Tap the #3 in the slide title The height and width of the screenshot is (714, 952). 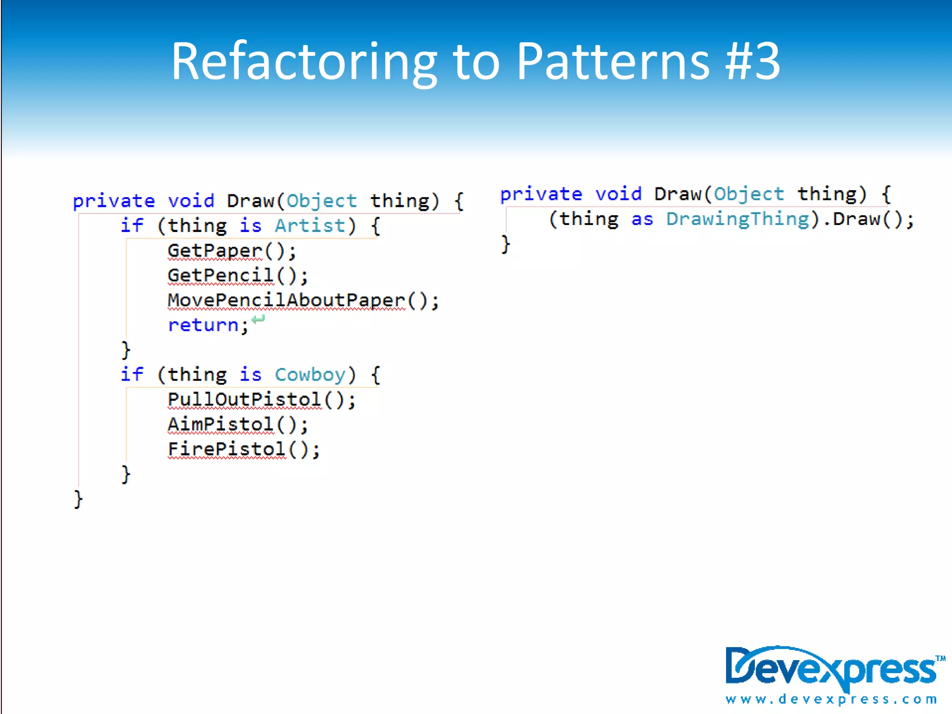pos(753,62)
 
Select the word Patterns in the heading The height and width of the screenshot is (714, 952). pos(613,62)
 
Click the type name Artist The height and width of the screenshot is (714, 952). pos(310,226)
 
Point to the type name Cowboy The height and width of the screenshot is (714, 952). pos(310,375)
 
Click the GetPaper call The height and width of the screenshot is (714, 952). pos(215,251)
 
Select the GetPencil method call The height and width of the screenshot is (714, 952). pos(221,276)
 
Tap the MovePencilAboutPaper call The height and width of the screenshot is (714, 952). pos(286,301)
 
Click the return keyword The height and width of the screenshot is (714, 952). pos(203,325)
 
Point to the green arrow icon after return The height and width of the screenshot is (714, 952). pos(258,319)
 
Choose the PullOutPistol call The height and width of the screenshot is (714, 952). pos(245,400)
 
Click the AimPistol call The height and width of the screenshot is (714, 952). pos(221,424)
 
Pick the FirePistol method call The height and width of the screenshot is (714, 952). pos(227,450)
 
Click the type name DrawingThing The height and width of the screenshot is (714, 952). pos(738,219)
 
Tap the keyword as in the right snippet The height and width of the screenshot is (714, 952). pos(642,219)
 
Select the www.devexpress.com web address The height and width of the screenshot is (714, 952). pos(831,699)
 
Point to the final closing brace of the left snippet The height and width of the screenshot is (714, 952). pos(78,499)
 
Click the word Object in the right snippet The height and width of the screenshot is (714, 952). pos(749,194)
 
